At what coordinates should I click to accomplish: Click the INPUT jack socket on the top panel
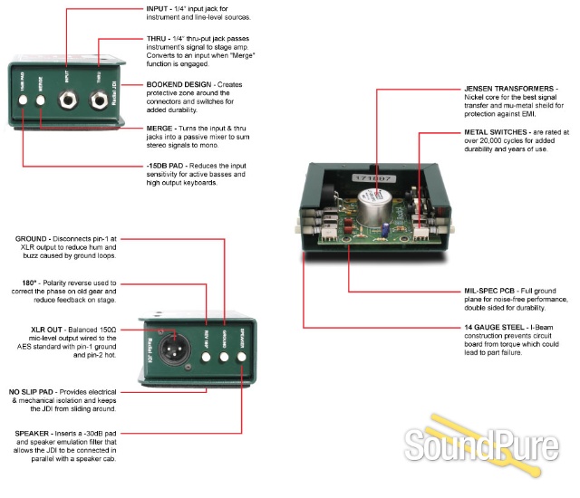click(x=68, y=99)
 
